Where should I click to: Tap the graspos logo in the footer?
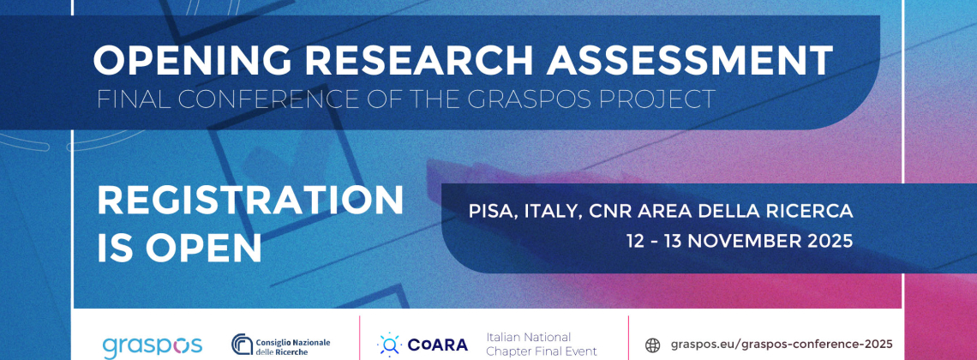[x=152, y=345]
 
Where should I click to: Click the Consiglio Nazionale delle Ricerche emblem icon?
[x=242, y=344]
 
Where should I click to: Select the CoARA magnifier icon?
[x=389, y=345]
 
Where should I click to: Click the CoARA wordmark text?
[x=437, y=345]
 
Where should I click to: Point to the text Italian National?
[x=529, y=337]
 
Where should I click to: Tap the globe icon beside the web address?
[x=652, y=345]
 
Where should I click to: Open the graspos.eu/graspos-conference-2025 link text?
[x=782, y=344]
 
